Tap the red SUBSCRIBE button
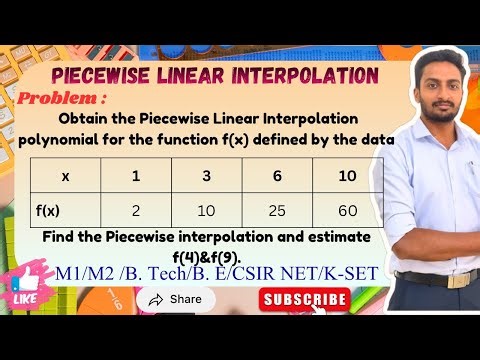click(x=305, y=298)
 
